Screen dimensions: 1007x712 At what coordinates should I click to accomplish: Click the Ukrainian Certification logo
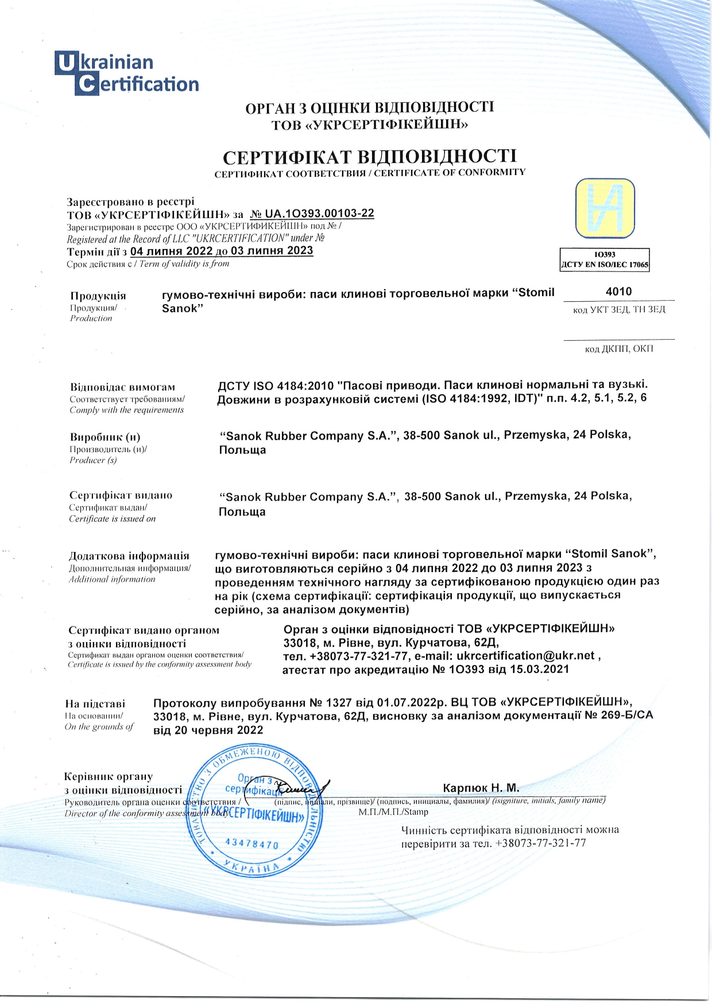126,73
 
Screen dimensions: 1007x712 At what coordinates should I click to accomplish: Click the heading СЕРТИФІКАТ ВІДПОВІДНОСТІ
369,156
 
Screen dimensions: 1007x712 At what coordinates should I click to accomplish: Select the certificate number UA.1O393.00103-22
319,214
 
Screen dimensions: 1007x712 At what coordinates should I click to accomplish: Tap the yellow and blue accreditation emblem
605,208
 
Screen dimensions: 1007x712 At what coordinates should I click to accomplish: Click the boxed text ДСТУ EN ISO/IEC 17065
605,265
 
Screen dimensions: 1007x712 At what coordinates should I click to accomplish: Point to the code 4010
618,291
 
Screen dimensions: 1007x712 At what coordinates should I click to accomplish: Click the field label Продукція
98,296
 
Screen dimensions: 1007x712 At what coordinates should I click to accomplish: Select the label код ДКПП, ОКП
619,349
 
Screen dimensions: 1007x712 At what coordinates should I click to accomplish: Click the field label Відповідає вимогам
122,387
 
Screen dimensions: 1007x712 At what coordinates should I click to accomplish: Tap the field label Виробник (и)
105,437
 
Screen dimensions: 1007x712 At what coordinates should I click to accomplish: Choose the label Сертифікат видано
121,495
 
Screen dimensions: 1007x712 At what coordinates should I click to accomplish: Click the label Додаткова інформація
129,556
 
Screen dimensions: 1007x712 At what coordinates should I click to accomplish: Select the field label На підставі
95,704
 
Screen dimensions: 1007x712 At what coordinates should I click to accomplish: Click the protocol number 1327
338,702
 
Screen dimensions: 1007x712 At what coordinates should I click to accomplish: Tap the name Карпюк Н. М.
481,787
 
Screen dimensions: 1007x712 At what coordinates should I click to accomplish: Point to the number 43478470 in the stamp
252,843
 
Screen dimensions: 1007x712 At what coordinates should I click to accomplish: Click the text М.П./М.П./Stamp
393,812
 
